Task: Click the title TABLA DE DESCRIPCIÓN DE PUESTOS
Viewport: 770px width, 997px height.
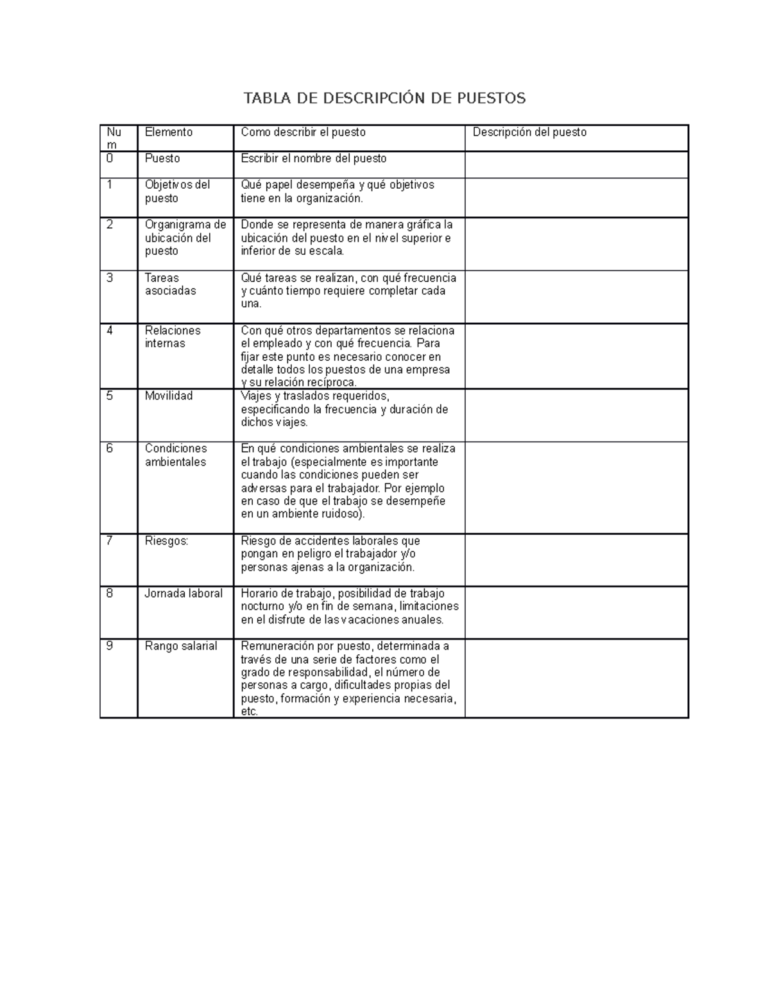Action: pyautogui.click(x=384, y=98)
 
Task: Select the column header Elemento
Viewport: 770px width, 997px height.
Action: pyautogui.click(x=169, y=132)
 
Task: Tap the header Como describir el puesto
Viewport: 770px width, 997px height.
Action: pyautogui.click(x=303, y=132)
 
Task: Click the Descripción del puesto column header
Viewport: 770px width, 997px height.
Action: pyautogui.click(x=529, y=132)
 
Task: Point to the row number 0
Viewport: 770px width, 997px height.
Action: pyautogui.click(x=110, y=159)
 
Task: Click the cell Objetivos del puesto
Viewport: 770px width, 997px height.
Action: pyautogui.click(x=177, y=191)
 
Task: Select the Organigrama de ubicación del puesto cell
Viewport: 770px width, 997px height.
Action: pyautogui.click(x=185, y=238)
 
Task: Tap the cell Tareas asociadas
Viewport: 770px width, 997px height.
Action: pyautogui.click(x=171, y=284)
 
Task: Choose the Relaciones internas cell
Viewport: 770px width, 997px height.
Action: pyautogui.click(x=173, y=337)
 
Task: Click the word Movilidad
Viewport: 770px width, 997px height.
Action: pyautogui.click(x=169, y=396)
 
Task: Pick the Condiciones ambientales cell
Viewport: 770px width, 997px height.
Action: pyautogui.click(x=176, y=455)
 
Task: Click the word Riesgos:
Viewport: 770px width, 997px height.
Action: pyautogui.click(x=167, y=541)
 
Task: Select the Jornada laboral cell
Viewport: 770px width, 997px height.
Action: pyautogui.click(x=184, y=594)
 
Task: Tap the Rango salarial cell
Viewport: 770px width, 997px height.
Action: pyautogui.click(x=181, y=646)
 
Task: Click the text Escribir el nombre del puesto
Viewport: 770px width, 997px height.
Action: pyautogui.click(x=314, y=159)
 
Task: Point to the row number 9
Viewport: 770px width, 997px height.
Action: pyautogui.click(x=110, y=646)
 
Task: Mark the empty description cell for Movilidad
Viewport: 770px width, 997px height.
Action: pyautogui.click(x=576, y=415)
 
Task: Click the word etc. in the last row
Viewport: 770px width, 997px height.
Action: pyautogui.click(x=249, y=712)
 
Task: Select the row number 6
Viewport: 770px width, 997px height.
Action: pyautogui.click(x=110, y=449)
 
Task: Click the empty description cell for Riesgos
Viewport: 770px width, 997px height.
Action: pyautogui.click(x=576, y=560)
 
